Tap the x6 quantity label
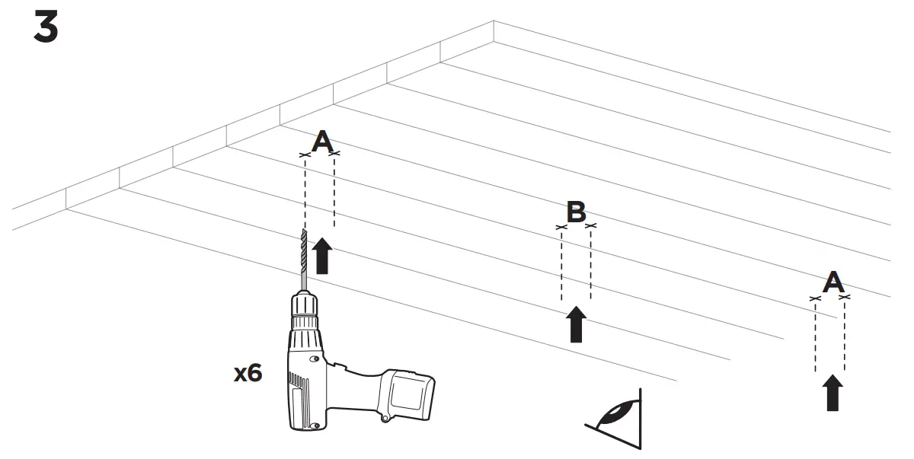pyautogui.click(x=248, y=373)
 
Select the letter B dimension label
pyautogui.click(x=576, y=210)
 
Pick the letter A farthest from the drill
pyautogui.click(x=833, y=283)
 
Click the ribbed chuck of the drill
pyautogui.click(x=305, y=312)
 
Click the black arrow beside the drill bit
pyautogui.click(x=323, y=255)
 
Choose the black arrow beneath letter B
pyautogui.click(x=577, y=324)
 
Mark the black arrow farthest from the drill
pyautogui.click(x=834, y=392)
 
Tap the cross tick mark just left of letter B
pyautogui.click(x=562, y=226)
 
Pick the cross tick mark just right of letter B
pyautogui.click(x=590, y=226)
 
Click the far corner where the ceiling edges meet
pyautogui.click(x=494, y=21)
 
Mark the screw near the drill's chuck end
pyautogui.click(x=315, y=360)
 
